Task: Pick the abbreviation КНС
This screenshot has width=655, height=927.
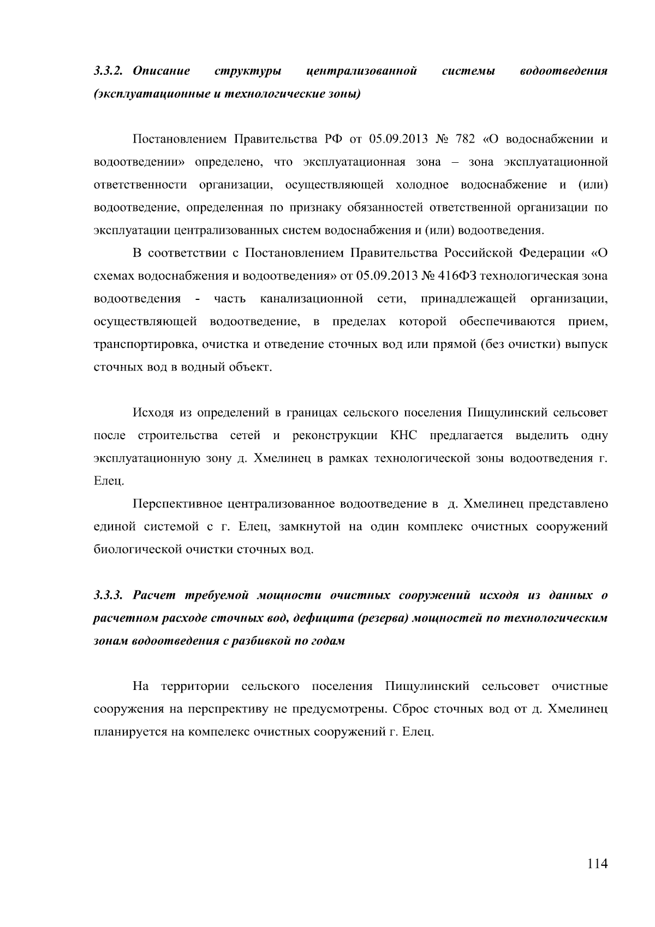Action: pos(404,435)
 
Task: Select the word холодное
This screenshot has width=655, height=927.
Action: pos(421,185)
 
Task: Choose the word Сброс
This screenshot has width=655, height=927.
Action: pos(409,709)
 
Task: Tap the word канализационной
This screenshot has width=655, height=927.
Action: pos(312,299)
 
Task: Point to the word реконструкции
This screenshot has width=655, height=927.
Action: pos(335,435)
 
